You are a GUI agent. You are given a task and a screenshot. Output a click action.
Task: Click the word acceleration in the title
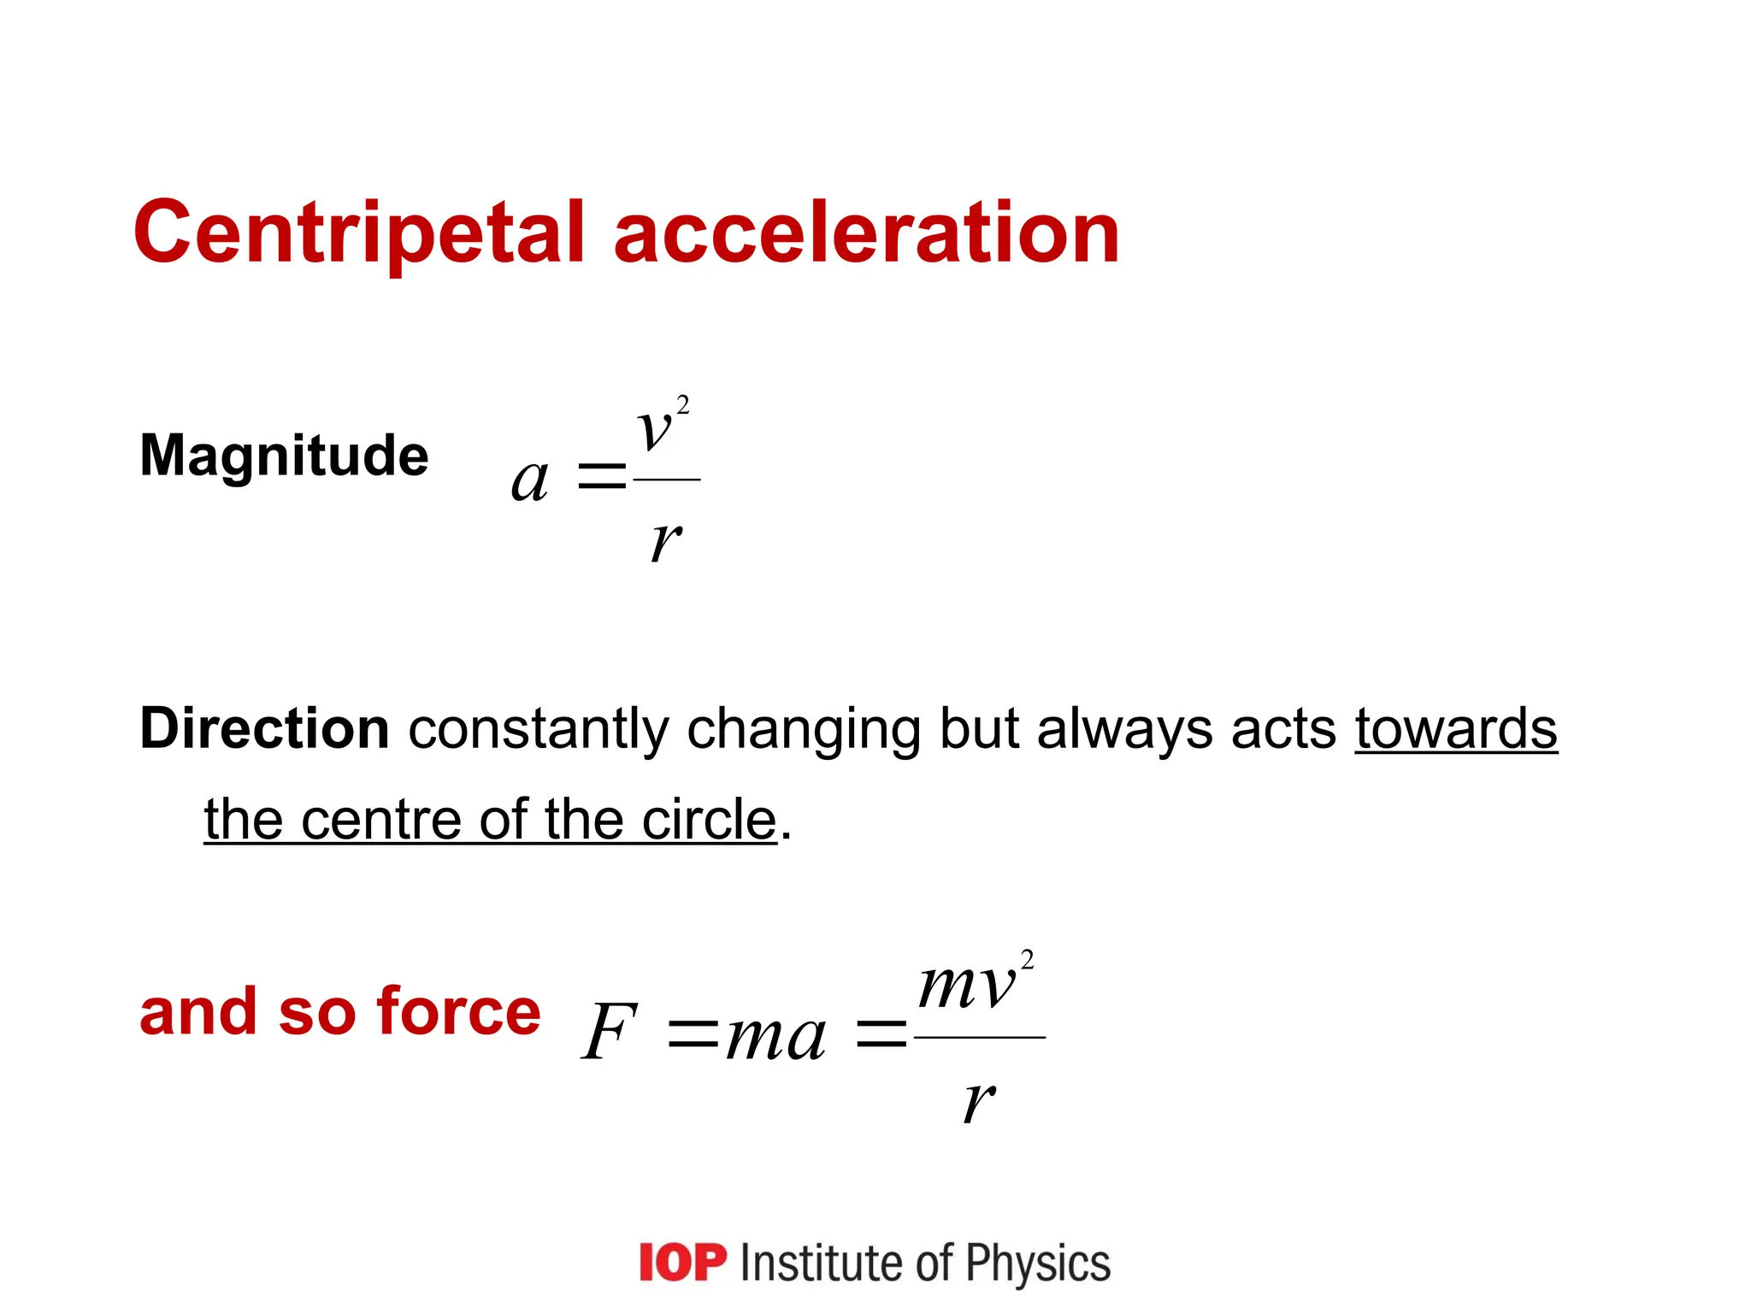point(866,233)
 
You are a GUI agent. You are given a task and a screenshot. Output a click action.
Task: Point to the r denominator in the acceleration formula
point(665,540)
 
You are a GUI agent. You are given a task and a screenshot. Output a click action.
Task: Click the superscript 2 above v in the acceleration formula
point(682,405)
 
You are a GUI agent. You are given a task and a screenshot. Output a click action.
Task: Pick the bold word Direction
point(264,728)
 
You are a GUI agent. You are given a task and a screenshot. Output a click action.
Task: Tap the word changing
point(803,732)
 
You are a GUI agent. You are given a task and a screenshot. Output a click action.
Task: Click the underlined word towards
point(1456,728)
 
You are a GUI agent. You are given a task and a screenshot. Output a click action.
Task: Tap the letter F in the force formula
point(609,1032)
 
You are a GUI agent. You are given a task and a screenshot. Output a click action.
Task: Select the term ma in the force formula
point(775,1036)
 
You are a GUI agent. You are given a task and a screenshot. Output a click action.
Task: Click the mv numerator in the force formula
point(967,986)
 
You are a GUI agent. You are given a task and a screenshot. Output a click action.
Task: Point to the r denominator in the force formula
point(978,1100)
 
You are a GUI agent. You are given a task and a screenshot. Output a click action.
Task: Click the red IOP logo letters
point(682,1263)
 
